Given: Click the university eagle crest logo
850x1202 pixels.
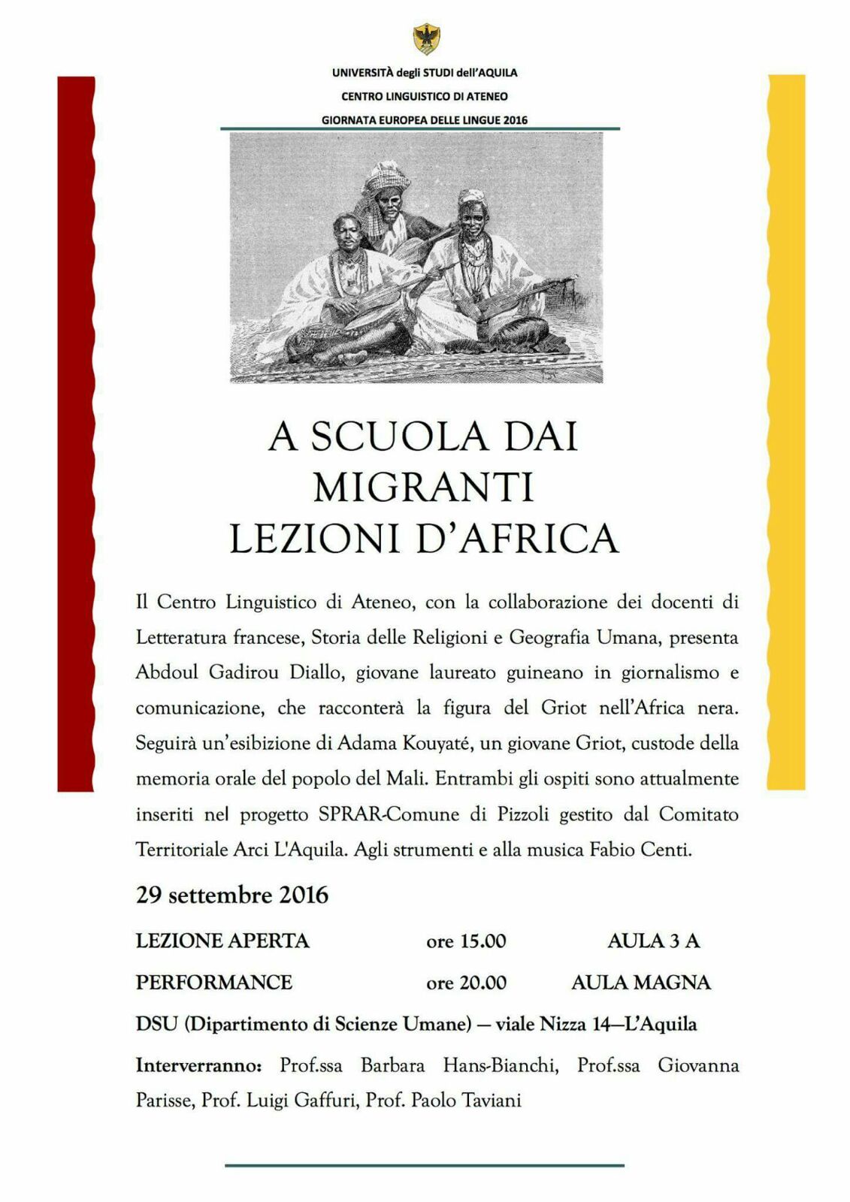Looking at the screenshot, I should [x=426, y=38].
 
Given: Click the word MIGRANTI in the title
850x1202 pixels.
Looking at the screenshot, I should [x=423, y=487].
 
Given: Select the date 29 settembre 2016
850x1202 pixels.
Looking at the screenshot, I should [x=232, y=895].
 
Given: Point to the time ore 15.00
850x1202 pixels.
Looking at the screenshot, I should [x=466, y=941].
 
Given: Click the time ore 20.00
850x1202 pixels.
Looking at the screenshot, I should [x=466, y=983].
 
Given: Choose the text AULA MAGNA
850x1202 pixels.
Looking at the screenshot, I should [x=640, y=983].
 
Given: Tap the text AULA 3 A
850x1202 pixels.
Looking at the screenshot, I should [x=653, y=941].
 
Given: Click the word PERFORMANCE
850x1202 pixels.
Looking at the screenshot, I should [x=214, y=983].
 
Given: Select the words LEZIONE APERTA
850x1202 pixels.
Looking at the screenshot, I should [x=222, y=941].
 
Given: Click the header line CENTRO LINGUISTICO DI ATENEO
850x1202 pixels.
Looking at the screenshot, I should [x=425, y=96].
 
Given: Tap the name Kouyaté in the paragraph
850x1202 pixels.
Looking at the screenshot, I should [x=426, y=743].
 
